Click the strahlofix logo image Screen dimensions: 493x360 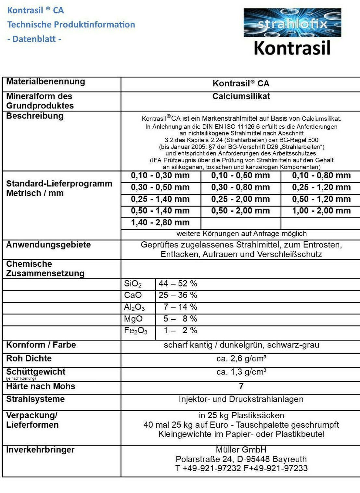point(292,23)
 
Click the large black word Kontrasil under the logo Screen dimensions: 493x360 point(292,48)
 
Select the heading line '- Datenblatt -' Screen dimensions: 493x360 point(34,39)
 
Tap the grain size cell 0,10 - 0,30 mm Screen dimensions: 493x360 point(160,176)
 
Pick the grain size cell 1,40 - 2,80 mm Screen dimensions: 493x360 point(160,222)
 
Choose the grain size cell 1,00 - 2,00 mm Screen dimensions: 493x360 point(321,211)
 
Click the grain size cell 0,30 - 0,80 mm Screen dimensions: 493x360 point(240,187)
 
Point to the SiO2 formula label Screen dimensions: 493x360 point(133,284)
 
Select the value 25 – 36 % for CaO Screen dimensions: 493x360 point(178,295)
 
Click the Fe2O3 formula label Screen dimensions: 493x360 point(136,331)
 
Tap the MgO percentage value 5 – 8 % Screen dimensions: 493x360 point(180,319)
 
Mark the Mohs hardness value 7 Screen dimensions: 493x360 point(241,386)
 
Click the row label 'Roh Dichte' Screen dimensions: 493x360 point(29,359)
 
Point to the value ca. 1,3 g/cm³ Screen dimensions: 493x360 point(241,372)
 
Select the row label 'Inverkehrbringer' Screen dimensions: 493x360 point(41,450)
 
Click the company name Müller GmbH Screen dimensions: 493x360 point(241,450)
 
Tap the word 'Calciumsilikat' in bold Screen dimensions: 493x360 point(241,96)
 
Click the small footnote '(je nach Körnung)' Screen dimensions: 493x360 point(21,378)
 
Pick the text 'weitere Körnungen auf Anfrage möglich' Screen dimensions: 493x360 point(241,234)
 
